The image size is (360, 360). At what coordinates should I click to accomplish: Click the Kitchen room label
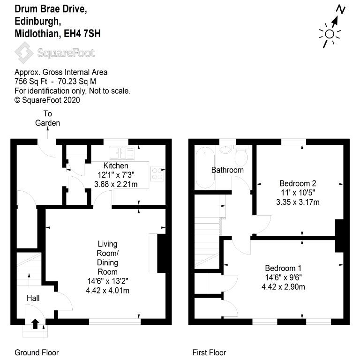click(x=116, y=165)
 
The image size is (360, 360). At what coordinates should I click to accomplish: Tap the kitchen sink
click(x=122, y=153)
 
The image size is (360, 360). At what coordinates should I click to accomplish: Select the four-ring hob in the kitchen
click(x=157, y=173)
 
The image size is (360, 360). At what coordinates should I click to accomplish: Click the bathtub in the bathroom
click(x=205, y=167)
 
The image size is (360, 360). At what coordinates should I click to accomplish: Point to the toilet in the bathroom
click(x=241, y=156)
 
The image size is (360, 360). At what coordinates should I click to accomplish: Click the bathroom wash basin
click(x=225, y=150)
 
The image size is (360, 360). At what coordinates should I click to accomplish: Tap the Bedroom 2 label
click(x=298, y=183)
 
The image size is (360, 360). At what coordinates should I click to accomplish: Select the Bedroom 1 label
click(x=283, y=268)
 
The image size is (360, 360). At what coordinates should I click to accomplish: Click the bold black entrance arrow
click(x=35, y=324)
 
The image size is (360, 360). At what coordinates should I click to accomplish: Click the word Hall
click(x=33, y=298)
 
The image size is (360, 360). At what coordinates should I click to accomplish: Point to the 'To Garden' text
click(x=47, y=118)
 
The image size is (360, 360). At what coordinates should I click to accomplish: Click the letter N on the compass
click(x=341, y=9)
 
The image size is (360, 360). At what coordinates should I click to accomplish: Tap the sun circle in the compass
click(x=330, y=34)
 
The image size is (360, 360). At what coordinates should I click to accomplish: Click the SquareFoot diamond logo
click(x=24, y=52)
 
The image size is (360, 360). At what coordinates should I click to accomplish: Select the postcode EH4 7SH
click(x=82, y=34)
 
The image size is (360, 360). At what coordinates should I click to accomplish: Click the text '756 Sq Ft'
click(x=31, y=82)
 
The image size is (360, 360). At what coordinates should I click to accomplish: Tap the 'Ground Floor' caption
click(x=37, y=352)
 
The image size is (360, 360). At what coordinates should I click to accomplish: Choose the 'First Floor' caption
click(x=209, y=352)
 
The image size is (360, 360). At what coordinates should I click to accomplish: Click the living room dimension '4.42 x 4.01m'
click(x=107, y=291)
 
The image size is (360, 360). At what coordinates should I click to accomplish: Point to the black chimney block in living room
click(x=161, y=254)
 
